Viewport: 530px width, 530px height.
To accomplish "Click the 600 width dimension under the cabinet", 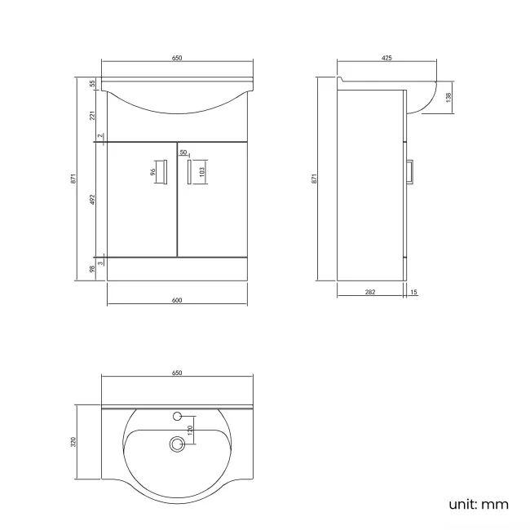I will click(x=177, y=301).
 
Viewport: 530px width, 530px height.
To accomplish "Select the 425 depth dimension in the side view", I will click(x=386, y=58).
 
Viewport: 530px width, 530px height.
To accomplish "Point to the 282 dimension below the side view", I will click(x=369, y=291).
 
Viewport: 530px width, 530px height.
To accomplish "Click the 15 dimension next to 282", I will click(x=414, y=291).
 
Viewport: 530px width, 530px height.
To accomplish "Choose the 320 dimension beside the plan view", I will click(x=73, y=442).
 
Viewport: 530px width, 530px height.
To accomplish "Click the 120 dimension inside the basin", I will click(x=189, y=430).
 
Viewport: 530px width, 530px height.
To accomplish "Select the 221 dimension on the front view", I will click(x=94, y=115).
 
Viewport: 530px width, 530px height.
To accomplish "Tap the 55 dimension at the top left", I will click(x=94, y=83).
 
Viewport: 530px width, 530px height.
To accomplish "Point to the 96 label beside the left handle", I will click(x=152, y=172).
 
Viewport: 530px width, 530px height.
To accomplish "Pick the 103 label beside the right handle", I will click(x=202, y=172).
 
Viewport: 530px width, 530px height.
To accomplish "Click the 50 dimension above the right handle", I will click(x=183, y=152).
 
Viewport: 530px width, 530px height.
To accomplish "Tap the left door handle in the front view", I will click(x=166, y=172).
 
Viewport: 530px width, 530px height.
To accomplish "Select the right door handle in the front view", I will click(x=189, y=172).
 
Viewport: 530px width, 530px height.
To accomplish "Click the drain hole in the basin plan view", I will click(x=175, y=444).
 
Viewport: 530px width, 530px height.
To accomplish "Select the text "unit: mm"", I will click(x=478, y=504).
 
